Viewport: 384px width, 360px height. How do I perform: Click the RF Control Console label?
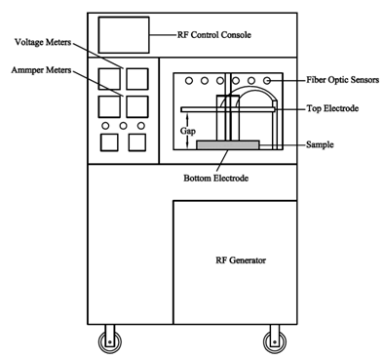pos(211,35)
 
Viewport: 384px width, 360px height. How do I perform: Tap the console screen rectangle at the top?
pos(122,35)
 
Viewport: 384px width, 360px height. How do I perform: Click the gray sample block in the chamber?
pos(228,144)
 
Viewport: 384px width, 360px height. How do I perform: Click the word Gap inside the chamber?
pos(192,128)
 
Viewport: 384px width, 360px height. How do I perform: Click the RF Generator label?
pos(241,261)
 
